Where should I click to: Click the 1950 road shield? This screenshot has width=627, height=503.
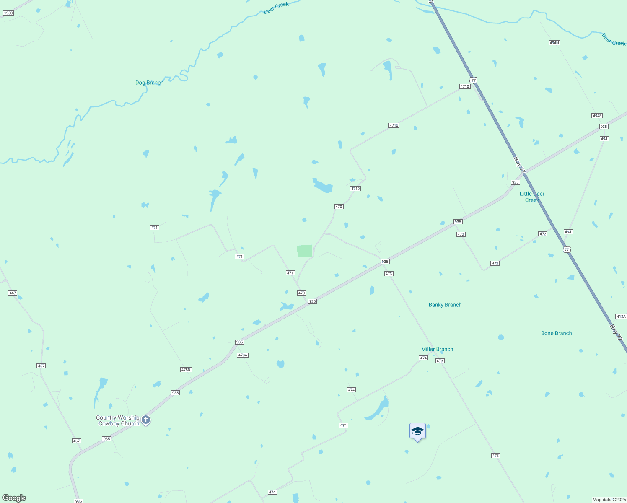click(x=8, y=13)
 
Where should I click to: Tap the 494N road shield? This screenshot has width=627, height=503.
click(x=554, y=43)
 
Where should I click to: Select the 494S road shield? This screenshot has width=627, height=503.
click(x=597, y=116)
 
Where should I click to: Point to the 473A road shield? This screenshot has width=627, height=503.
click(x=243, y=355)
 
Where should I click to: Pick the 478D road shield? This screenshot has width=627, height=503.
click(x=186, y=370)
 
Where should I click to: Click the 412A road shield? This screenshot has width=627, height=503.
click(x=621, y=316)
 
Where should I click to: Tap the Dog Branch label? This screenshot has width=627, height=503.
click(x=149, y=83)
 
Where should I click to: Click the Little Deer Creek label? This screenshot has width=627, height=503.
click(x=532, y=197)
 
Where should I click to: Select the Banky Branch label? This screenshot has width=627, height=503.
click(x=445, y=305)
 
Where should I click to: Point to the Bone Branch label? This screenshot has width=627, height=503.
click(x=556, y=333)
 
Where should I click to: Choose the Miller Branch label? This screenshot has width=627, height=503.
click(x=437, y=349)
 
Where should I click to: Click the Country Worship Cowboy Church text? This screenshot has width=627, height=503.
click(x=118, y=420)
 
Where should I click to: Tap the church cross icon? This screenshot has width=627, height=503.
click(x=146, y=420)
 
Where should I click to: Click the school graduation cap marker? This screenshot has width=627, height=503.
click(x=417, y=431)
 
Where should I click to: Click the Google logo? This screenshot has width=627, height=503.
click(x=14, y=498)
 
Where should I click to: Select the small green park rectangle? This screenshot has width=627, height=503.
click(x=305, y=251)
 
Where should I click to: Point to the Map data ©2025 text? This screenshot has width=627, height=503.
click(x=609, y=500)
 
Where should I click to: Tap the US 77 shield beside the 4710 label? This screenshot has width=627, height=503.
click(x=474, y=80)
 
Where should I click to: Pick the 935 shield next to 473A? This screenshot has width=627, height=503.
click(x=239, y=342)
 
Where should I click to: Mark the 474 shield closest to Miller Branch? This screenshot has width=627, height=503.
click(x=423, y=358)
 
